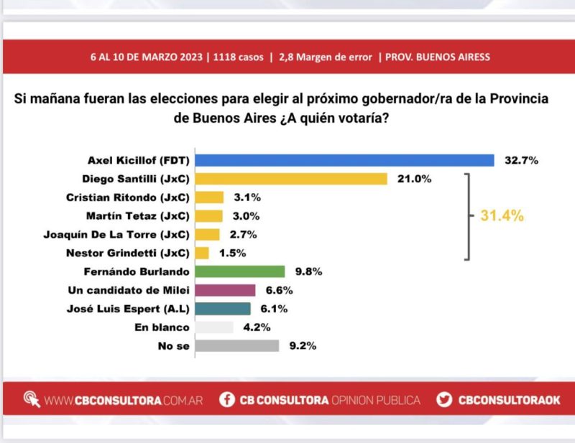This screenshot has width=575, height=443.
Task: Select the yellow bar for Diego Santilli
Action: [292, 179]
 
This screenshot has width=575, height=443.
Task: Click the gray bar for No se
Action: [237, 345]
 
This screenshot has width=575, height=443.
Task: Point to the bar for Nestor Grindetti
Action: [202, 253]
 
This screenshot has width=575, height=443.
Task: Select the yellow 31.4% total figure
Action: [501, 215]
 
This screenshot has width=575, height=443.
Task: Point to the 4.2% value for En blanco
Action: [257, 327]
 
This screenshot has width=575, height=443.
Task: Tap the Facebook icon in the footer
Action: [227, 399]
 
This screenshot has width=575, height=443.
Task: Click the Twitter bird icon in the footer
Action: [444, 399]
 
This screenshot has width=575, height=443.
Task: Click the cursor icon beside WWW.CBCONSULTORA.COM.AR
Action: [32, 399]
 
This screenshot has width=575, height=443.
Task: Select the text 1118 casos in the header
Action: [238, 56]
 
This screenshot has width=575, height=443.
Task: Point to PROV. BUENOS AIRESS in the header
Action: [438, 56]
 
